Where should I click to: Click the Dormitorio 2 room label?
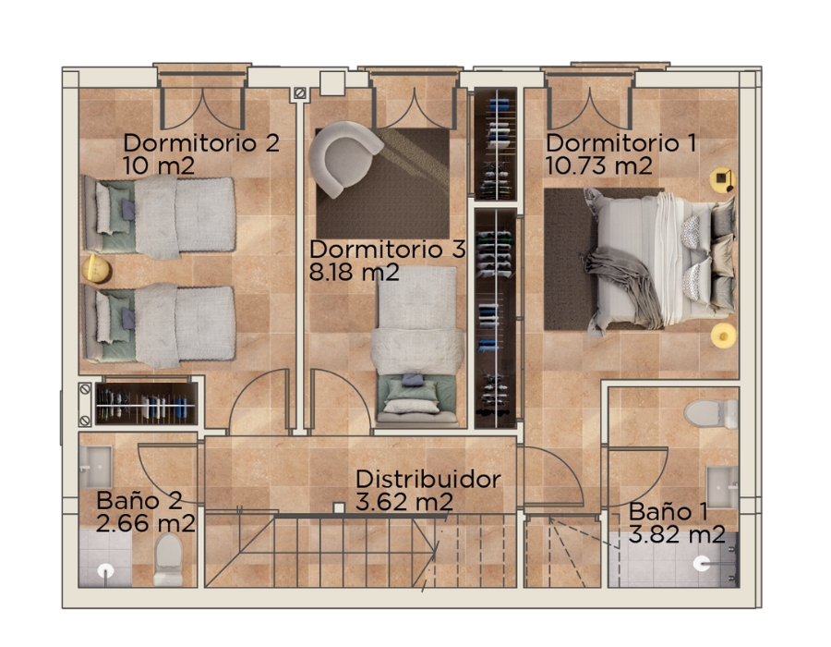point(201,143)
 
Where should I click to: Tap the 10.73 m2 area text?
point(598,166)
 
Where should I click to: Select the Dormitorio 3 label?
point(388,250)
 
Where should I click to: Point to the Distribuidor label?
point(428,480)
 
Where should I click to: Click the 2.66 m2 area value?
point(146,523)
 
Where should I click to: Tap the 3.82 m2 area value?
point(677,533)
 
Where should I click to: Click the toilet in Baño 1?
point(711,413)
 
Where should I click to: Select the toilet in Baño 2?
point(168,559)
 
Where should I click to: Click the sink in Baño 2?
point(95,467)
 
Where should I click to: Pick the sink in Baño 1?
point(722,487)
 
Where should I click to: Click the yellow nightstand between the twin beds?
point(96,269)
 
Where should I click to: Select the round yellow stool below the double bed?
point(723,336)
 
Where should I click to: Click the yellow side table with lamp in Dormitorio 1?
point(722,180)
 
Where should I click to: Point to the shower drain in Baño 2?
point(106,570)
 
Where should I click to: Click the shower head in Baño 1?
point(702,563)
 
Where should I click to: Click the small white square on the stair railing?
point(339,508)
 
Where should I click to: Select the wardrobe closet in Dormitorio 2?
point(146,403)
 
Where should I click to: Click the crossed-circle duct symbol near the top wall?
point(299,93)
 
